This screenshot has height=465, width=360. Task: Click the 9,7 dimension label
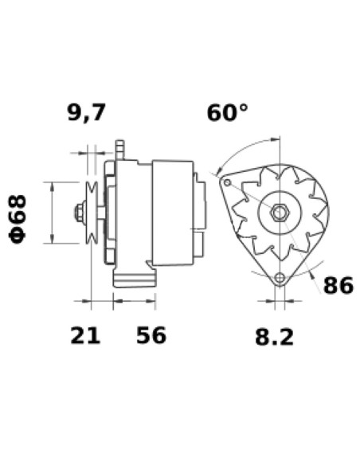point(85,114)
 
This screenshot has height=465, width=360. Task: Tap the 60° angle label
point(227,114)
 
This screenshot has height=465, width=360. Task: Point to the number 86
point(337,285)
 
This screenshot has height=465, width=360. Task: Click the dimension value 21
point(85,335)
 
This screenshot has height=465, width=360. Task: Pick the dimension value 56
point(151,335)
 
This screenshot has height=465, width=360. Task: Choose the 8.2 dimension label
point(274,337)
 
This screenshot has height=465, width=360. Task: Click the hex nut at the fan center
point(279,213)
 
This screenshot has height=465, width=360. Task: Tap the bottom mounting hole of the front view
point(279,278)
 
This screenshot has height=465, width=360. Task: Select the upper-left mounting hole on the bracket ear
point(227,182)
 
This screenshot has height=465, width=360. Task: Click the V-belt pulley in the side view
point(92,213)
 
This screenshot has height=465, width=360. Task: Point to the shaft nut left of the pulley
point(79,213)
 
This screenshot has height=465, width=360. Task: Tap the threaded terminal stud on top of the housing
point(122,147)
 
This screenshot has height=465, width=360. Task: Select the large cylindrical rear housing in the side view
point(172,213)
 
